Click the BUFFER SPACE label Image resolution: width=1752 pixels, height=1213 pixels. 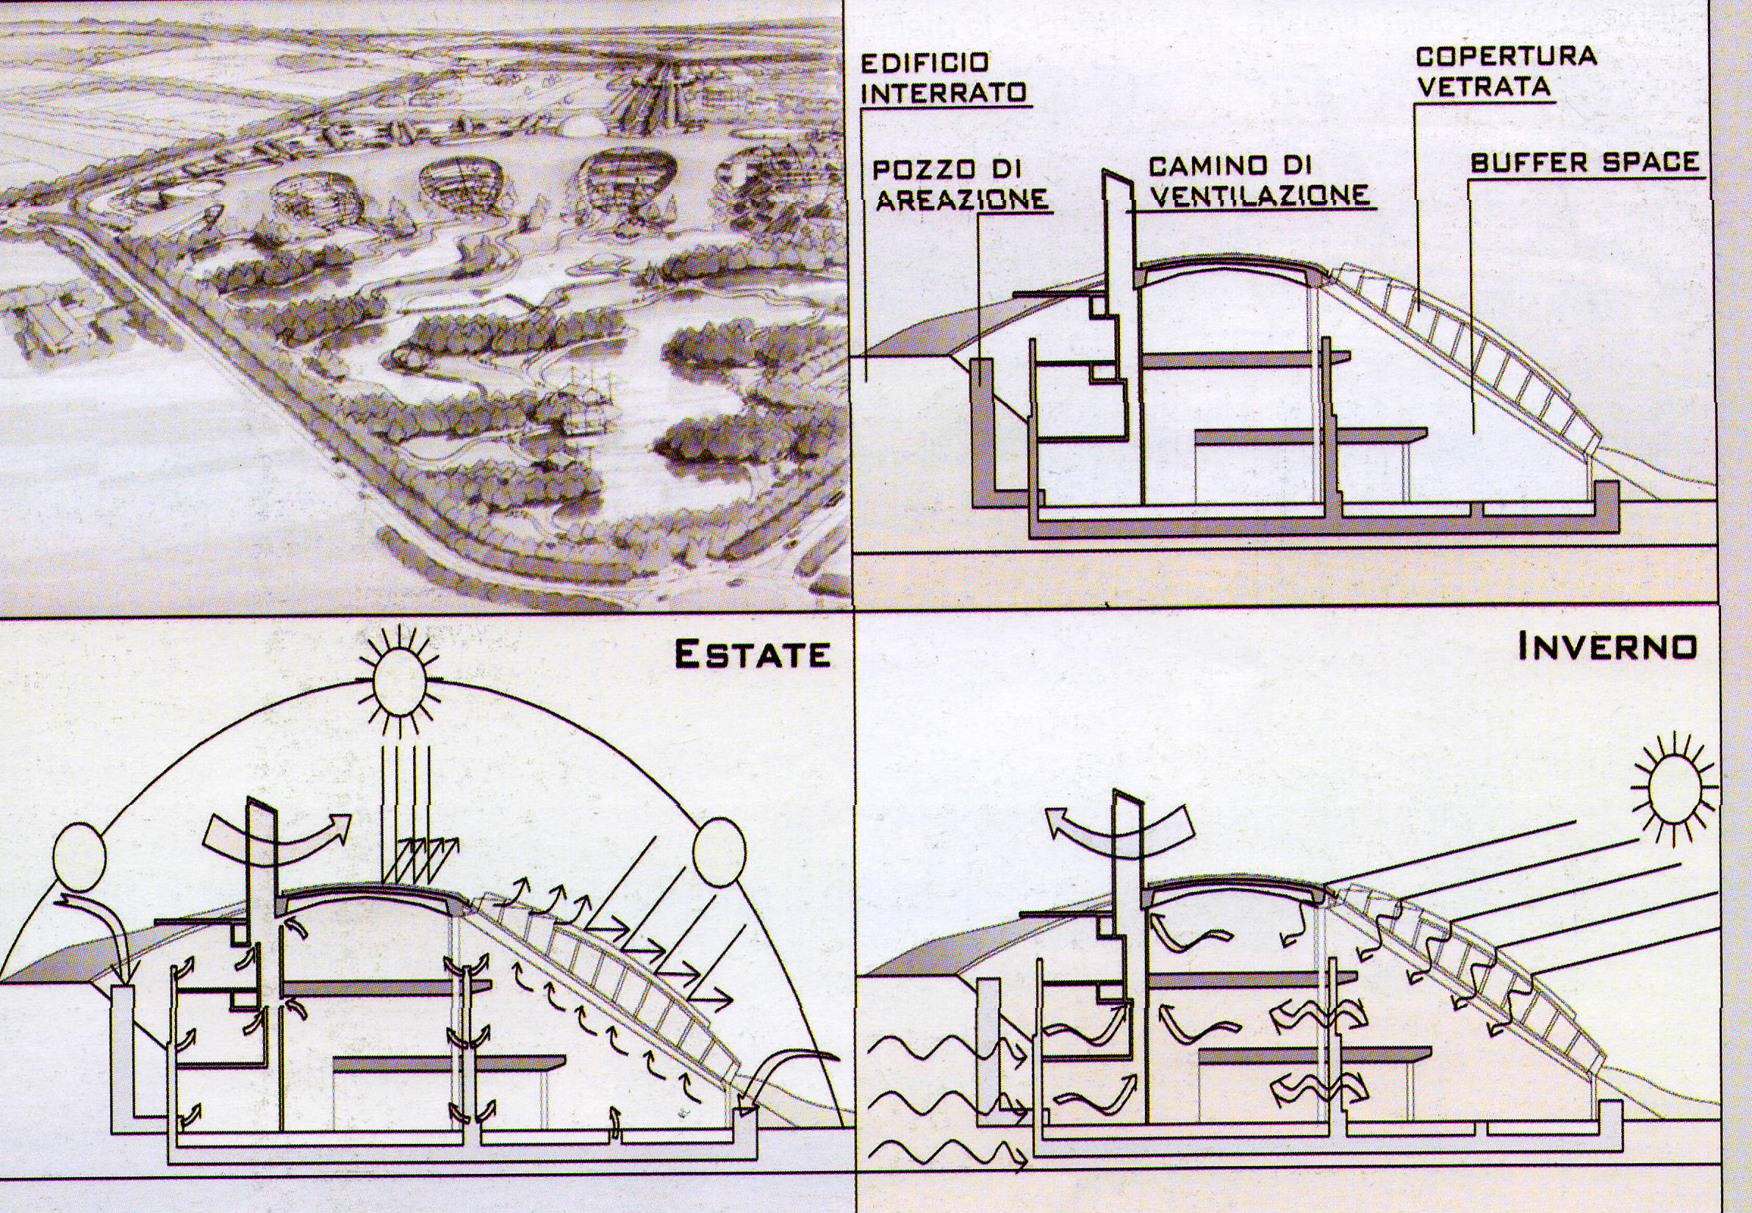coord(1584,162)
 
